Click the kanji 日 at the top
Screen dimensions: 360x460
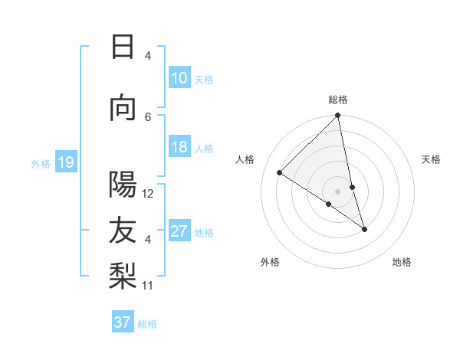123,47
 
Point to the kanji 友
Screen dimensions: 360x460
123,231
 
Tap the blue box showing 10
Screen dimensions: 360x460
179,78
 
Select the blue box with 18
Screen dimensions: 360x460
179,147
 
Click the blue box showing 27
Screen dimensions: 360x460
179,231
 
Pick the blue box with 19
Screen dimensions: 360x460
65,162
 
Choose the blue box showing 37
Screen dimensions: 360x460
122,322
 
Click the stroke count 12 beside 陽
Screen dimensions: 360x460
148,194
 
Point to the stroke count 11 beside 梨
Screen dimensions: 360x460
148,286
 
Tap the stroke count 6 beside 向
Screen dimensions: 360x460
148,116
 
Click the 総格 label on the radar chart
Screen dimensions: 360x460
338,100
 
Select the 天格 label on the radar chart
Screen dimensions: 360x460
431,159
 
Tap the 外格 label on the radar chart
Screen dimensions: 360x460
270,262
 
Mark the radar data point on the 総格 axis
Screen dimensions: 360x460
338,116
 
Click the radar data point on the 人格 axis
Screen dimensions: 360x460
280,173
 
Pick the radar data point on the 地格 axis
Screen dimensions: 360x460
364,228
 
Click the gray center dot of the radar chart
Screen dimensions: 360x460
338,191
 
